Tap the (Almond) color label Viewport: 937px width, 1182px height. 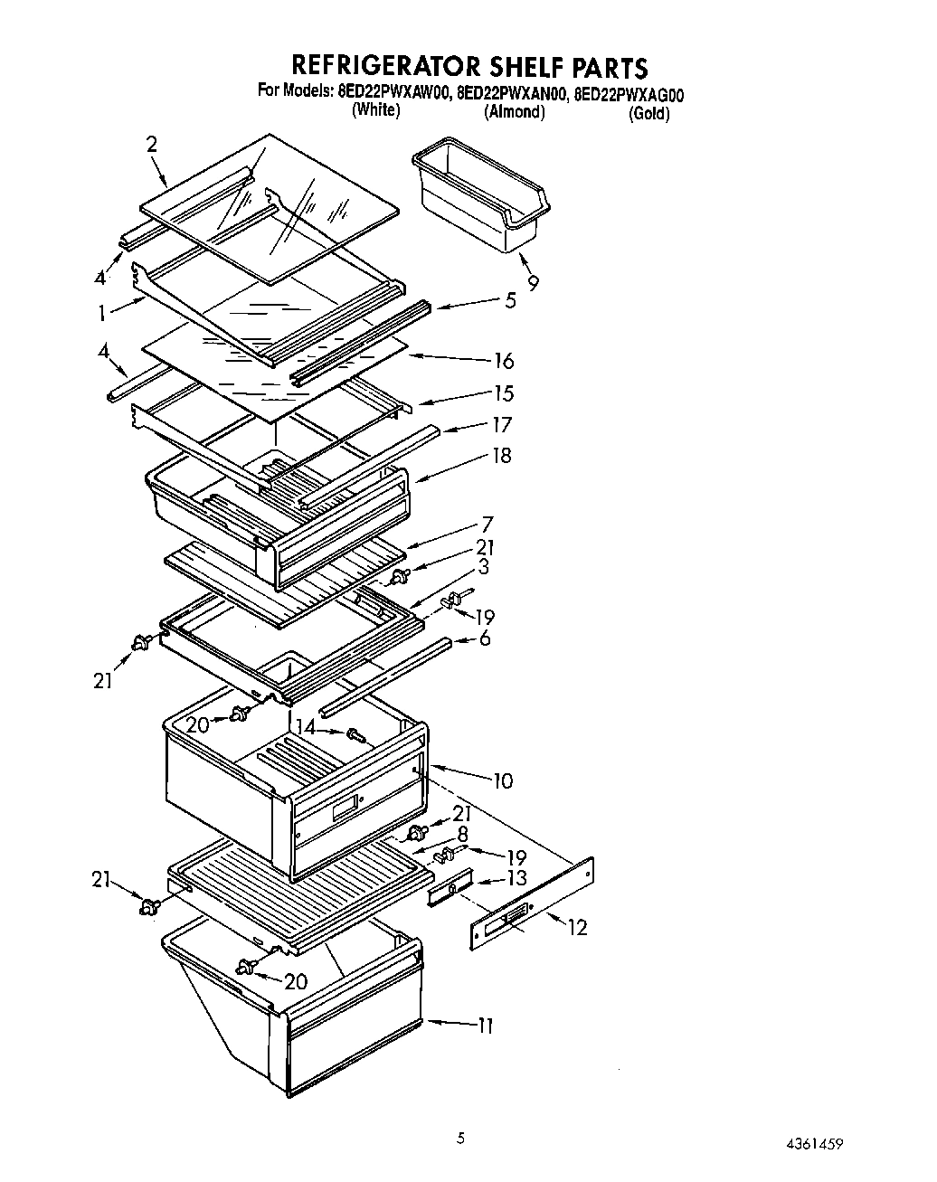[x=515, y=112]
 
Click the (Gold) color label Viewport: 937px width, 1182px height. [x=648, y=114]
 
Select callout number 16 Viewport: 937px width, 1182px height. [x=503, y=361]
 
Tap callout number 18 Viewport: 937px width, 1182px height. [x=500, y=455]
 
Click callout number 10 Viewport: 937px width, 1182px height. [x=502, y=780]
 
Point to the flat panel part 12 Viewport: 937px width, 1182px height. [x=532, y=904]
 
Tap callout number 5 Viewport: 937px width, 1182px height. [x=510, y=300]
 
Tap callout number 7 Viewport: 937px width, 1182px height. [x=487, y=524]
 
